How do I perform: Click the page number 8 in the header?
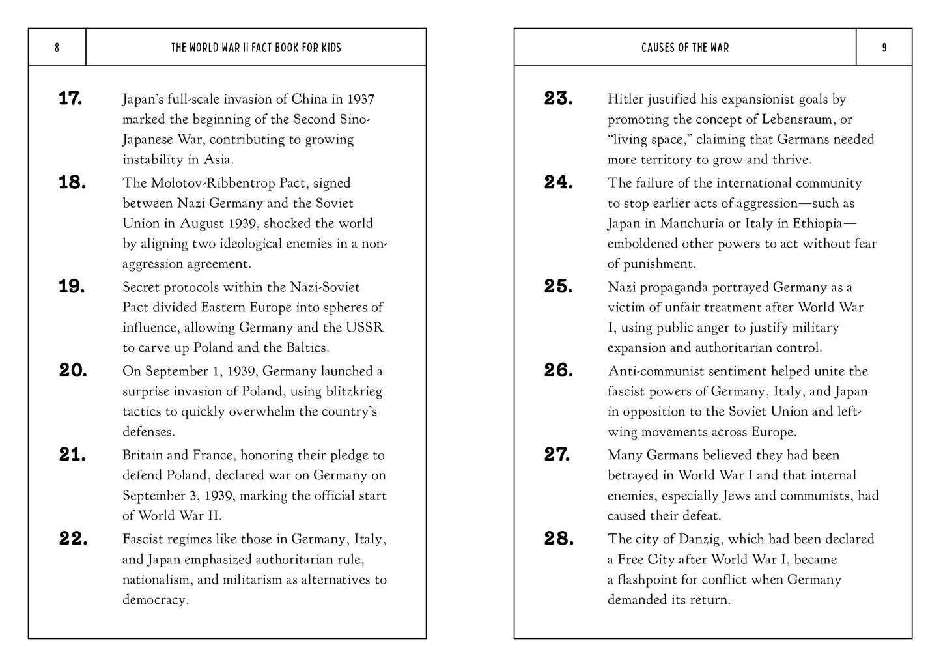coord(57,48)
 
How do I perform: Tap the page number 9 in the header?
coord(884,48)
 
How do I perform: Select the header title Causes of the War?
coord(685,48)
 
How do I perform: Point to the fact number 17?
coord(70,99)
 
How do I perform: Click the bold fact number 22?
coord(73,539)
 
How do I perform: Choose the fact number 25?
coord(558,287)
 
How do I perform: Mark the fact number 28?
coord(559,539)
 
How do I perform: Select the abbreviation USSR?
coord(367,327)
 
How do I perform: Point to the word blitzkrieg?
coord(352,391)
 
